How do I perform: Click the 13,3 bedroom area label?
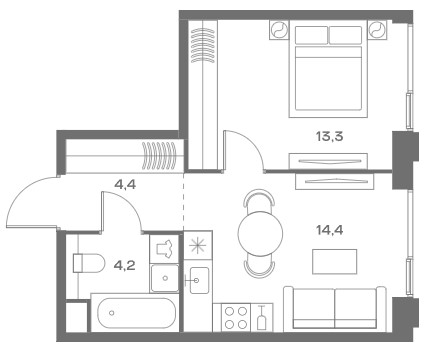coord(329,136)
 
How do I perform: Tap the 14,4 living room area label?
coord(329,230)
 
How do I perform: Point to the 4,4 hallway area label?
coord(125,184)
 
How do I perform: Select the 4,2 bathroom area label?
coord(124,266)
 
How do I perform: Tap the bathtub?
coord(136,313)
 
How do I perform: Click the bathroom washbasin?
coord(165,278)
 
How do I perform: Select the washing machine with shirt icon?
coord(165,249)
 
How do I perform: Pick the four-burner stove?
coord(235,317)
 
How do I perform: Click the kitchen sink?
coord(199,280)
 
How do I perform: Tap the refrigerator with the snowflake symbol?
coord(198,246)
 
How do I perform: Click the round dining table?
coord(260,234)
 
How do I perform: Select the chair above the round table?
coord(260,198)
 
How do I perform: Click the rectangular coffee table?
coord(334,262)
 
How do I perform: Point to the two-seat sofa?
coord(335,309)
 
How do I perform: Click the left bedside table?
coord(279,30)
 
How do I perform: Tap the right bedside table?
coord(377,30)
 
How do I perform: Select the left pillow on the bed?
coord(311,35)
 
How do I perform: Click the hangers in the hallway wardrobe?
coord(159,155)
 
